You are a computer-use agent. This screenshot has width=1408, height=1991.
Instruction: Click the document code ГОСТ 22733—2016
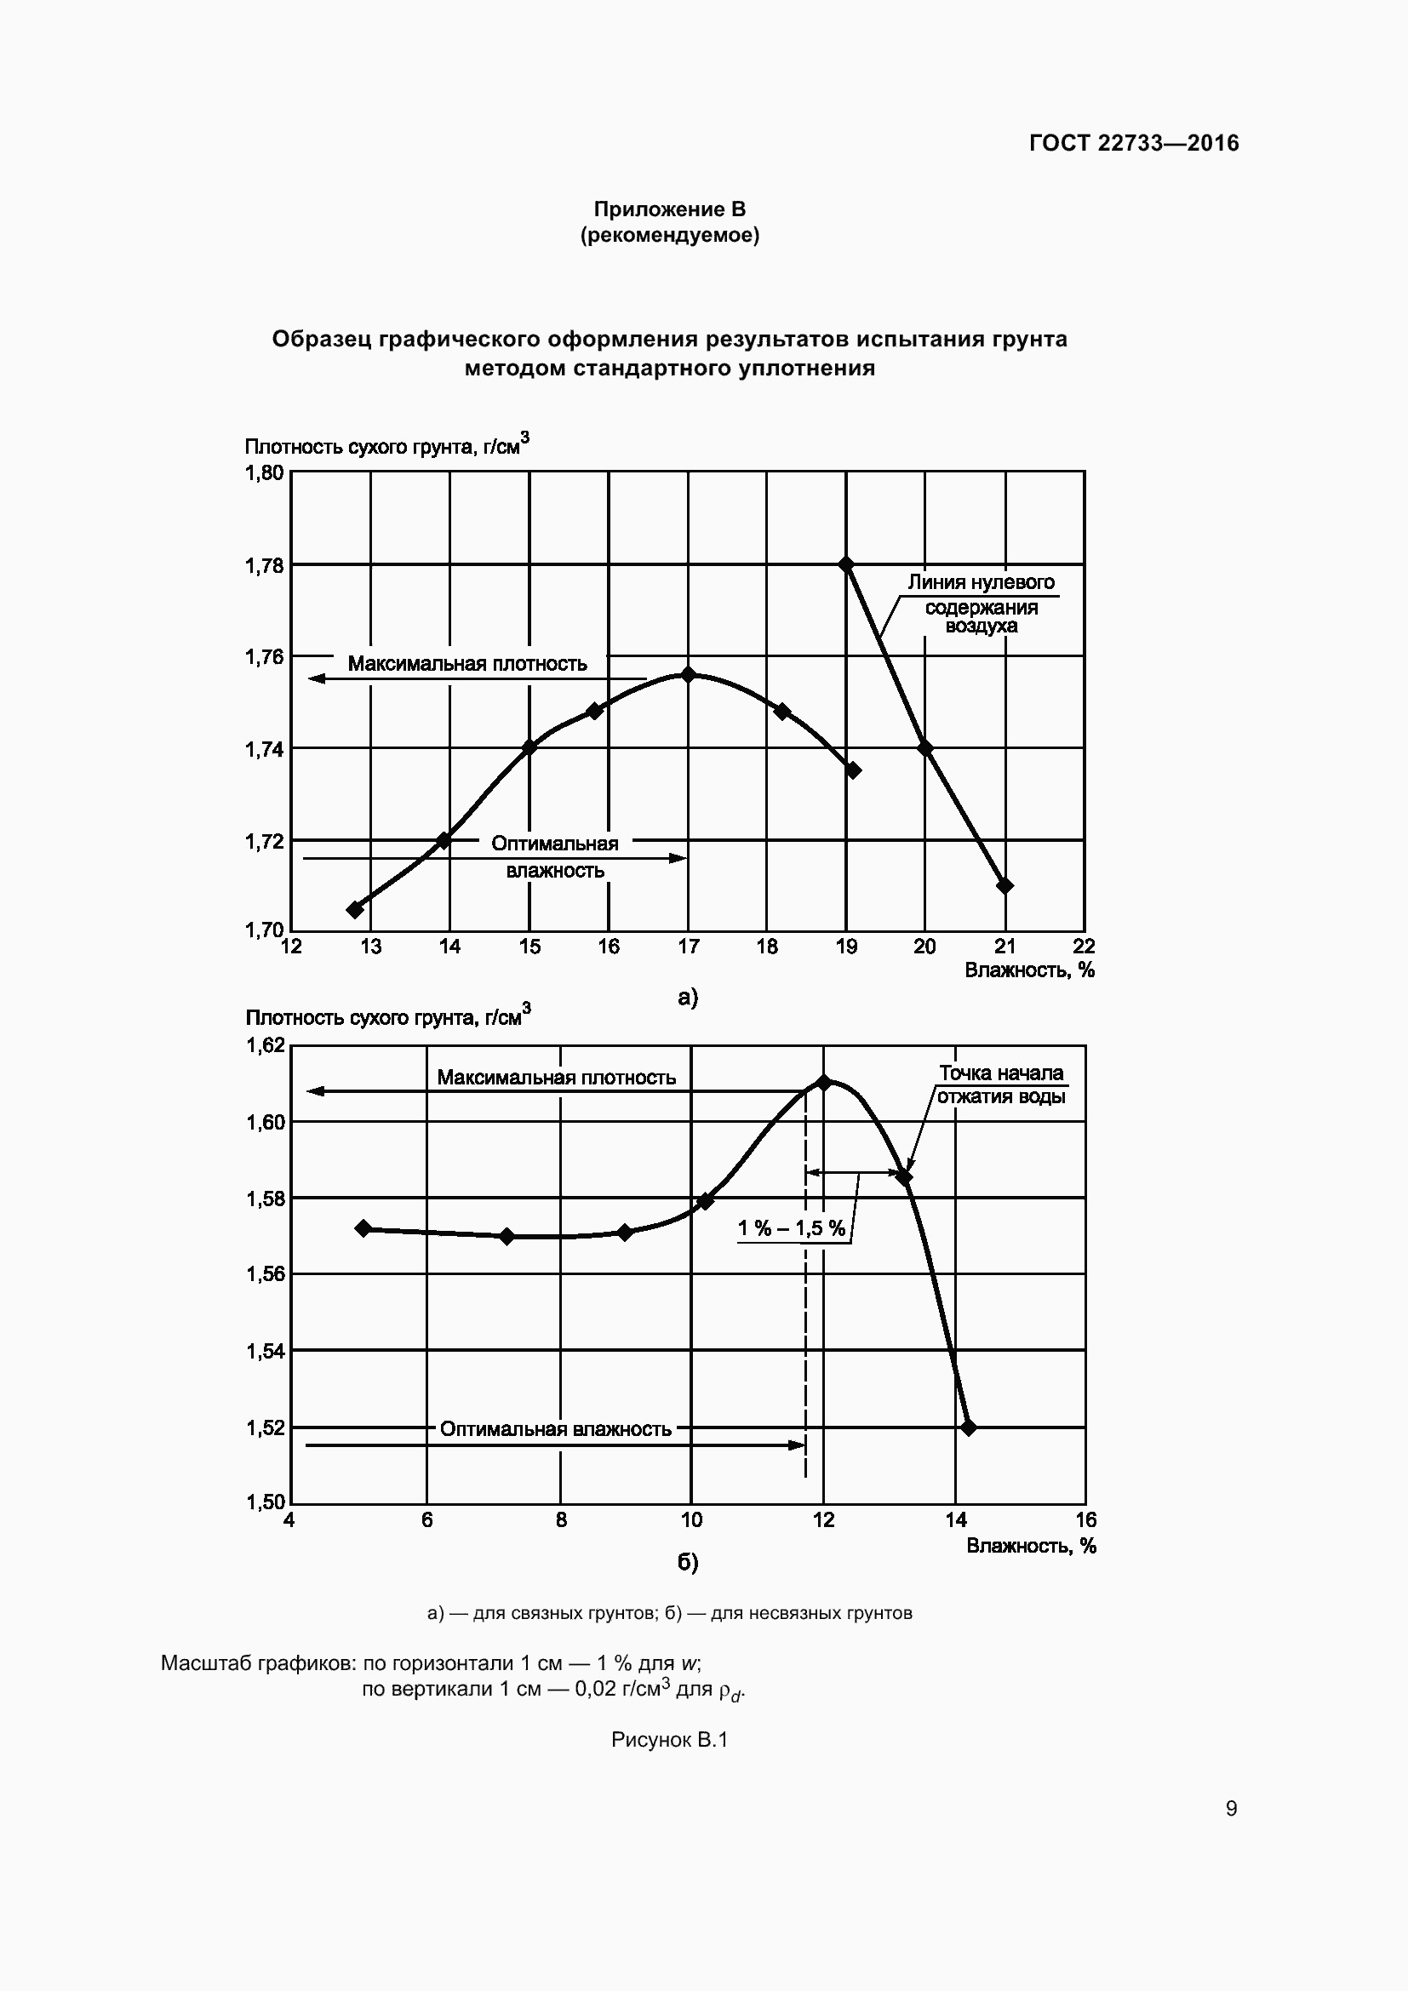click(1134, 143)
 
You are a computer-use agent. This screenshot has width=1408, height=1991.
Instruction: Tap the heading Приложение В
click(669, 209)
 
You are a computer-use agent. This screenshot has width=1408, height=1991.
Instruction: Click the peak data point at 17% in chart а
click(689, 674)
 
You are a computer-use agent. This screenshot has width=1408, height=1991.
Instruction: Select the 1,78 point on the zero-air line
click(847, 564)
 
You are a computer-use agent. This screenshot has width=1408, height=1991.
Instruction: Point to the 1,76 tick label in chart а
click(265, 657)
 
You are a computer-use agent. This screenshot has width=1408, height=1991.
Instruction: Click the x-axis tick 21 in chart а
click(1004, 946)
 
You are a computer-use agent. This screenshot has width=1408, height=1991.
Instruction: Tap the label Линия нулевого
click(981, 582)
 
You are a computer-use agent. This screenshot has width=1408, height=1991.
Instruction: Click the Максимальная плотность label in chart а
click(467, 663)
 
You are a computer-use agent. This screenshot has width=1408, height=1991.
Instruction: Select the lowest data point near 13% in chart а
click(355, 909)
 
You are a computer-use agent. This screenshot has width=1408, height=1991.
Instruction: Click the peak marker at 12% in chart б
click(824, 1082)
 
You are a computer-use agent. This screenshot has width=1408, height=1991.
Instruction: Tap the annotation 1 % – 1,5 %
click(791, 1228)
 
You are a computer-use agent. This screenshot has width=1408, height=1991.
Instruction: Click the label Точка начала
click(1001, 1073)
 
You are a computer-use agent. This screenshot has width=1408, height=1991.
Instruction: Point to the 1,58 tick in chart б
click(266, 1199)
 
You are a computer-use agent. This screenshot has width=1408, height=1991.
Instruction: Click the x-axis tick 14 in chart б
click(955, 1520)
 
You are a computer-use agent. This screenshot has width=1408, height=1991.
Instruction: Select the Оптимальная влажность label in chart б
click(556, 1429)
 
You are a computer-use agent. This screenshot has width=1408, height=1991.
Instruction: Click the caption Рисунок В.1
click(669, 1740)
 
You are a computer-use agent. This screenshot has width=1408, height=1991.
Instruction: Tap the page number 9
click(1231, 1809)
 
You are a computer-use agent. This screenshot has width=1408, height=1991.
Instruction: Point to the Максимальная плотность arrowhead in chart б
click(315, 1091)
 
